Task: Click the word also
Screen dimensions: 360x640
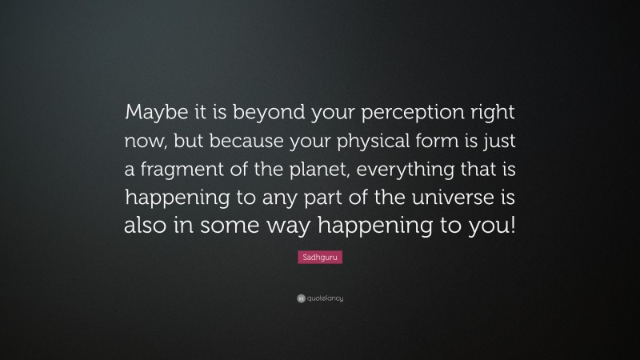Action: pos(145,225)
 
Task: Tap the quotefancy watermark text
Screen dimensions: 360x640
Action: pos(325,298)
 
